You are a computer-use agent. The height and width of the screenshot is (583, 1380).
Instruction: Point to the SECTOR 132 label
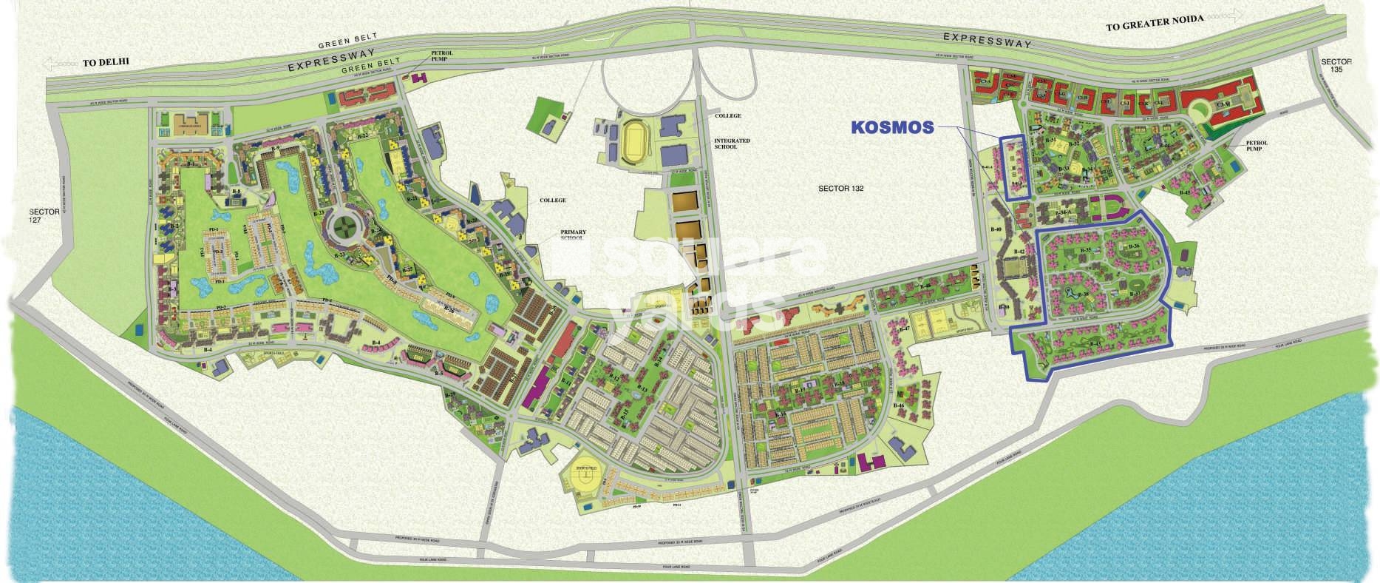click(840, 189)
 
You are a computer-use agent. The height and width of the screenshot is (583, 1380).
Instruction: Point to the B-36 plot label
click(1135, 246)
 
